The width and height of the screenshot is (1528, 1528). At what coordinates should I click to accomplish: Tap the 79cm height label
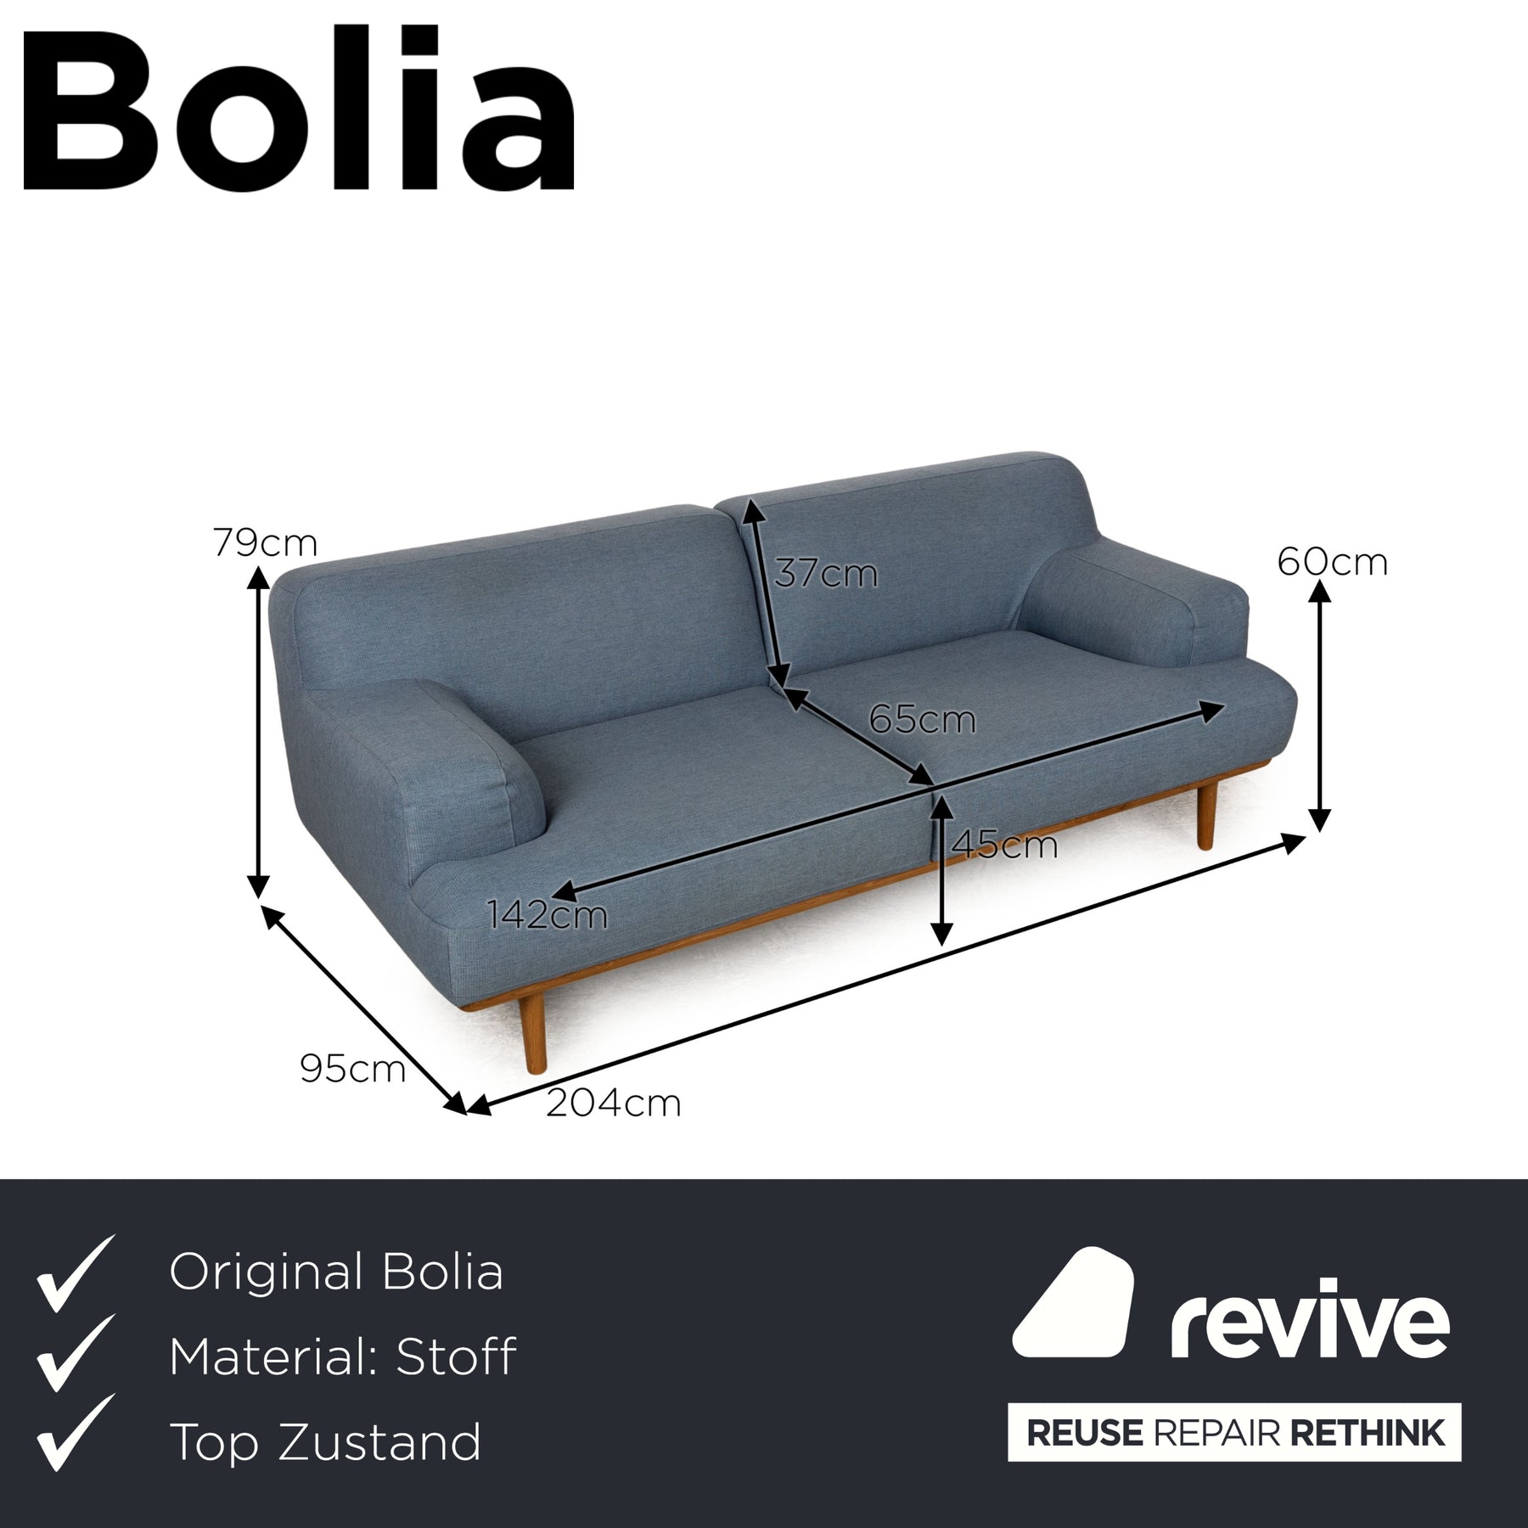point(265,543)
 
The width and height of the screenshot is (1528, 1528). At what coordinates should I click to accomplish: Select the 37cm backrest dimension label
point(825,574)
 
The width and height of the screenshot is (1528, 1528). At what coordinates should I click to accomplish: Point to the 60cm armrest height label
point(1332,562)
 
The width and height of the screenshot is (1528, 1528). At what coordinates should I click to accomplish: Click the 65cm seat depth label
point(922,721)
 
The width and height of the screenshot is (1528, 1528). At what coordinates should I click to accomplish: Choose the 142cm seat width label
point(547,915)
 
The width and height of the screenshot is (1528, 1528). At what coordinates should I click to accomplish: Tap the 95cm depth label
point(352,1070)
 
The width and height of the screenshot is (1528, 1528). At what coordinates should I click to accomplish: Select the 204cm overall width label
point(613,1104)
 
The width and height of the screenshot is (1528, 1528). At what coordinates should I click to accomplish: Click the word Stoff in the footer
point(455,1357)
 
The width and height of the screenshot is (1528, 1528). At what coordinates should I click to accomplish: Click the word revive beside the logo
point(1310,1321)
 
